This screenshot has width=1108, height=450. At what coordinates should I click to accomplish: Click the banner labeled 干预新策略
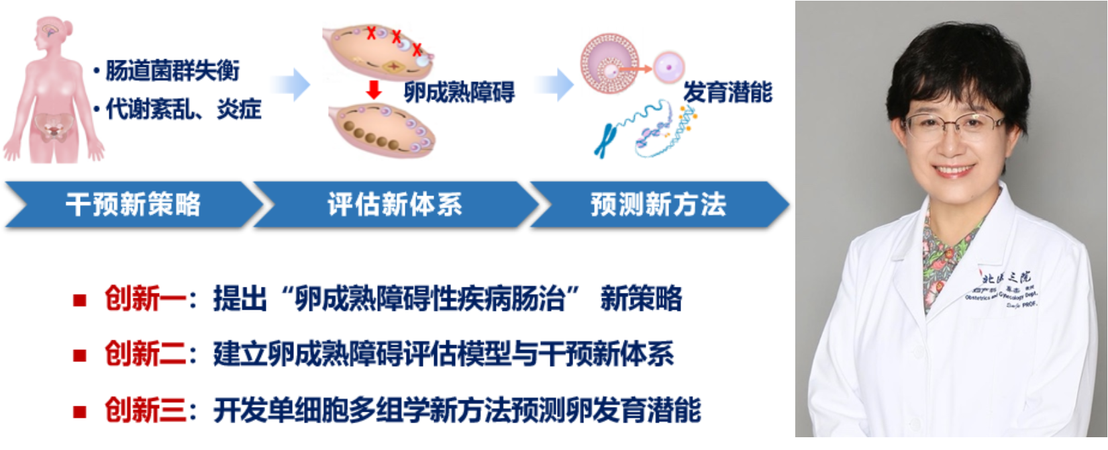pos(133,204)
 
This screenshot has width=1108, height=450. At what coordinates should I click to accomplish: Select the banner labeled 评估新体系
pos(395,204)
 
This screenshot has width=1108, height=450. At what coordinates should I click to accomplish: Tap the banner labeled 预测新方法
pos(658,204)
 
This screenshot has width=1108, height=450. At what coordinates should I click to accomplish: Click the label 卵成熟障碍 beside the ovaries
pos(459,92)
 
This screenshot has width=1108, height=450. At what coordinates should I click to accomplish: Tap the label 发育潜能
pos(727,92)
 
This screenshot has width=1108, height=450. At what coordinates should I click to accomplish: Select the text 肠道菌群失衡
pos(172,71)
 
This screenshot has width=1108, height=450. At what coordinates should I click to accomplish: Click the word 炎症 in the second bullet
pos(239,109)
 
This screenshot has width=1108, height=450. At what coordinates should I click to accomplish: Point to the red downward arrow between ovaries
pos(374,89)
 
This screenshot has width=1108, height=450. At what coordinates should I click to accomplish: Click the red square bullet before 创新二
pos(80,355)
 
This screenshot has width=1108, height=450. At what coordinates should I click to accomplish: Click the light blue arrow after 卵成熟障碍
pos(555,85)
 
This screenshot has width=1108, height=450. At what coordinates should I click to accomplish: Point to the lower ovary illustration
pos(381,129)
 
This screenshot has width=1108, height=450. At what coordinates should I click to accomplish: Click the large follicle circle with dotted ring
pos(609,64)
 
